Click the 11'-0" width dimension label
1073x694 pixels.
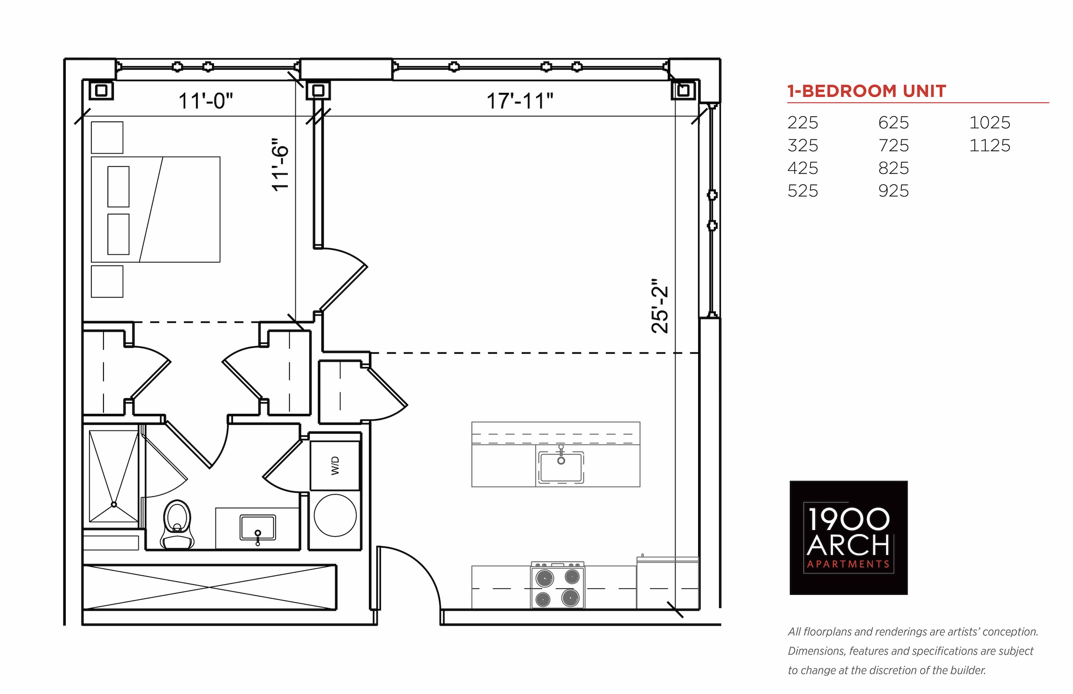[206, 101]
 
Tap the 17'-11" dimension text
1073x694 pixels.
[520, 101]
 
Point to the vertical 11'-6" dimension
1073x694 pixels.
[281, 165]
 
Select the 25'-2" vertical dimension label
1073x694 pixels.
[660, 306]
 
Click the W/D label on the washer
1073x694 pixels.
[336, 466]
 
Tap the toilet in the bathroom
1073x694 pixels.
[177, 524]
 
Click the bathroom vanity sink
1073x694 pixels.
[258, 529]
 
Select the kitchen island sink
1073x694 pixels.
[561, 466]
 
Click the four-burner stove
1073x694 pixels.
[557, 586]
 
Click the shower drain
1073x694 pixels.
[114, 504]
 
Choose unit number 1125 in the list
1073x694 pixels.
[990, 145]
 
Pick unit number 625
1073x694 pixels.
[893, 122]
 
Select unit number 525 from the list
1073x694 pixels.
[803, 190]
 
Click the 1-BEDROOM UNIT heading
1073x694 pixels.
[866, 91]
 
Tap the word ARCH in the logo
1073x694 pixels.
[848, 545]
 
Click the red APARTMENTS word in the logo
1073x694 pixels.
[848, 564]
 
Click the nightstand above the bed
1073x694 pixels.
[107, 137]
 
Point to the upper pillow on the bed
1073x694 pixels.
[118, 187]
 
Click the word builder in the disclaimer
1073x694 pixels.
[970, 670]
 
